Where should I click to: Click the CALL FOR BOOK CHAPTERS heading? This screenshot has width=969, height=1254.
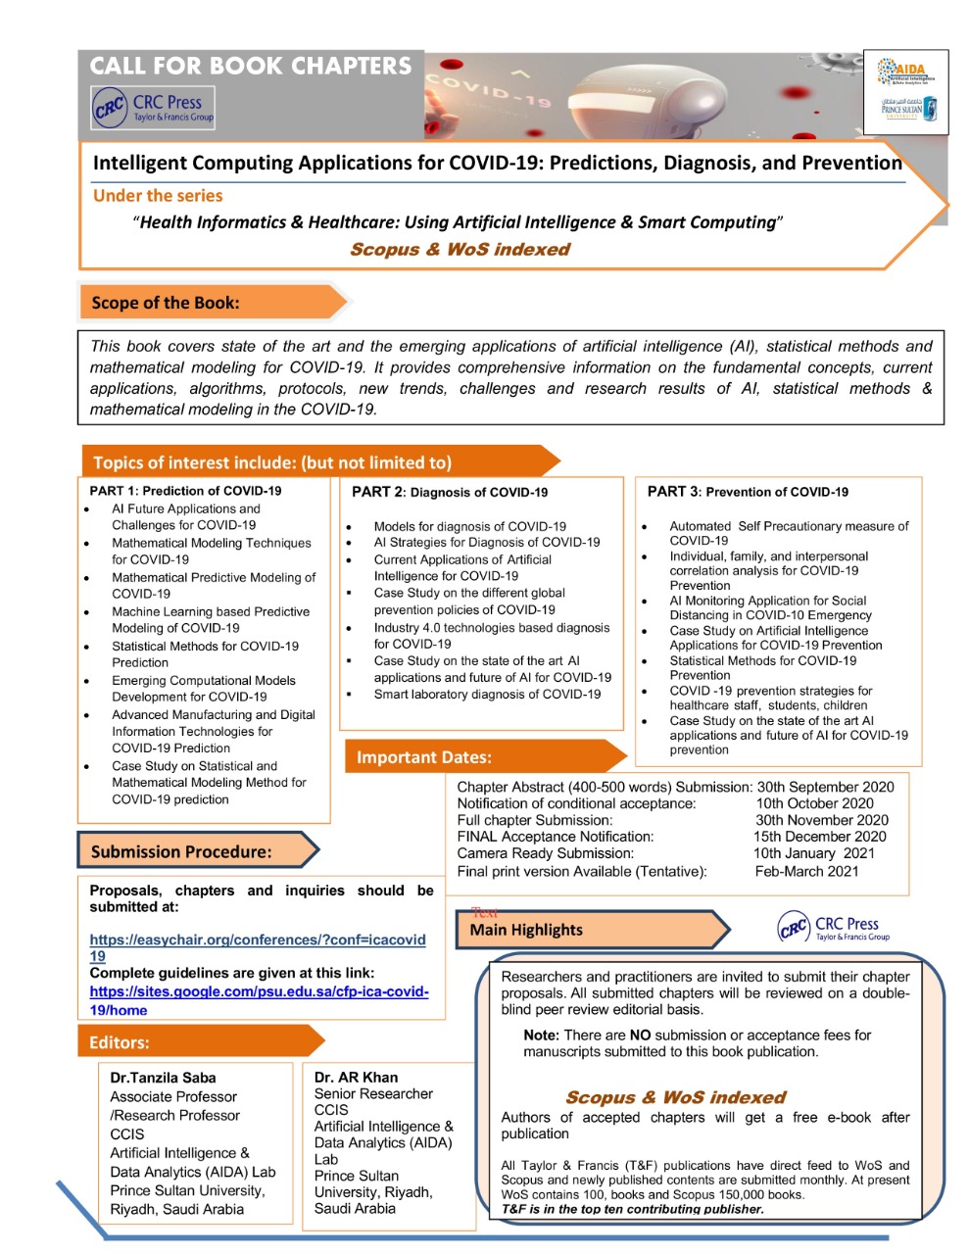(x=251, y=67)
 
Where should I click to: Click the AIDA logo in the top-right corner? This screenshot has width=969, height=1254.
(x=906, y=72)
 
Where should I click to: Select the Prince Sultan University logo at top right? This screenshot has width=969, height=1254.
(x=908, y=109)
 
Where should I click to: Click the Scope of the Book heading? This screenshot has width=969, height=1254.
(x=166, y=303)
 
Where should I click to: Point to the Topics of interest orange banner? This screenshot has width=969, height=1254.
(x=272, y=462)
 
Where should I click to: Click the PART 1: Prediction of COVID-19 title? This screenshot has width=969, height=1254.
(x=185, y=491)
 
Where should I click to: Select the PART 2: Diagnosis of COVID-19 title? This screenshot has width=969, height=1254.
(x=450, y=492)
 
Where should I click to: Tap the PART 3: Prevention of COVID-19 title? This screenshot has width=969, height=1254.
(x=748, y=492)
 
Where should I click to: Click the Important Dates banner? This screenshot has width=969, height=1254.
(x=424, y=757)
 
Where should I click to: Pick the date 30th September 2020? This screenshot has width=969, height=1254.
(x=825, y=787)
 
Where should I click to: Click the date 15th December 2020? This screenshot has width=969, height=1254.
(x=819, y=837)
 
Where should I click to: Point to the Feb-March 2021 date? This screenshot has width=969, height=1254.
(x=806, y=871)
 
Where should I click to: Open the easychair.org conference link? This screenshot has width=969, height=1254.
(x=257, y=940)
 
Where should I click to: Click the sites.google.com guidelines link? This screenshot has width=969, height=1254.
(x=259, y=992)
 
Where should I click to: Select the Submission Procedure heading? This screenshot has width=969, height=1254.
(x=181, y=851)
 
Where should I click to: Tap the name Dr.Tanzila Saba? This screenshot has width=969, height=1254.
(x=163, y=1078)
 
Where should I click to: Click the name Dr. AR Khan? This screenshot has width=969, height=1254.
(x=356, y=1077)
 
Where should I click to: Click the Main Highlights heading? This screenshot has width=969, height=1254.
(x=526, y=930)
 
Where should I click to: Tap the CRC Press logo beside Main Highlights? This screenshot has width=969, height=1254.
(x=834, y=928)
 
